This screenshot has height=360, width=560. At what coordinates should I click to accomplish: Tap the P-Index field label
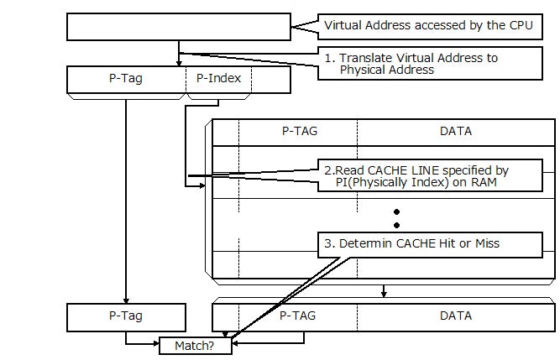(217, 80)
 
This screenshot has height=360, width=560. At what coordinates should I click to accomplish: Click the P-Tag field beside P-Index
(127, 80)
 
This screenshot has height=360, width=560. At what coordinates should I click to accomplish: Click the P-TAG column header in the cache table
(299, 131)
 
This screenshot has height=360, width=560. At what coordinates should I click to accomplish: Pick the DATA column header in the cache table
(456, 131)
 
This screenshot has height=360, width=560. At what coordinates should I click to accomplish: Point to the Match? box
(196, 345)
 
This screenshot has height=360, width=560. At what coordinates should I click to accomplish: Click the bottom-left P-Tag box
(126, 316)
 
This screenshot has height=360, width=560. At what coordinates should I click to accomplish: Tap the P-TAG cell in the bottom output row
(299, 316)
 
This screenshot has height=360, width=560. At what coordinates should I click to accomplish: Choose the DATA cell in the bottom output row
(456, 316)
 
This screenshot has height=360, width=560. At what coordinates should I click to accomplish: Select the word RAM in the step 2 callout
(496, 183)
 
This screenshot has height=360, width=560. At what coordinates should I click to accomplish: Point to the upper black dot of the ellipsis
(396, 211)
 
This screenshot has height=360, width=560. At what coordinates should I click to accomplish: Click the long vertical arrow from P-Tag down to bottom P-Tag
(126, 201)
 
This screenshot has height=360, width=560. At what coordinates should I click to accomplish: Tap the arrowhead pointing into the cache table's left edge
(201, 186)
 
